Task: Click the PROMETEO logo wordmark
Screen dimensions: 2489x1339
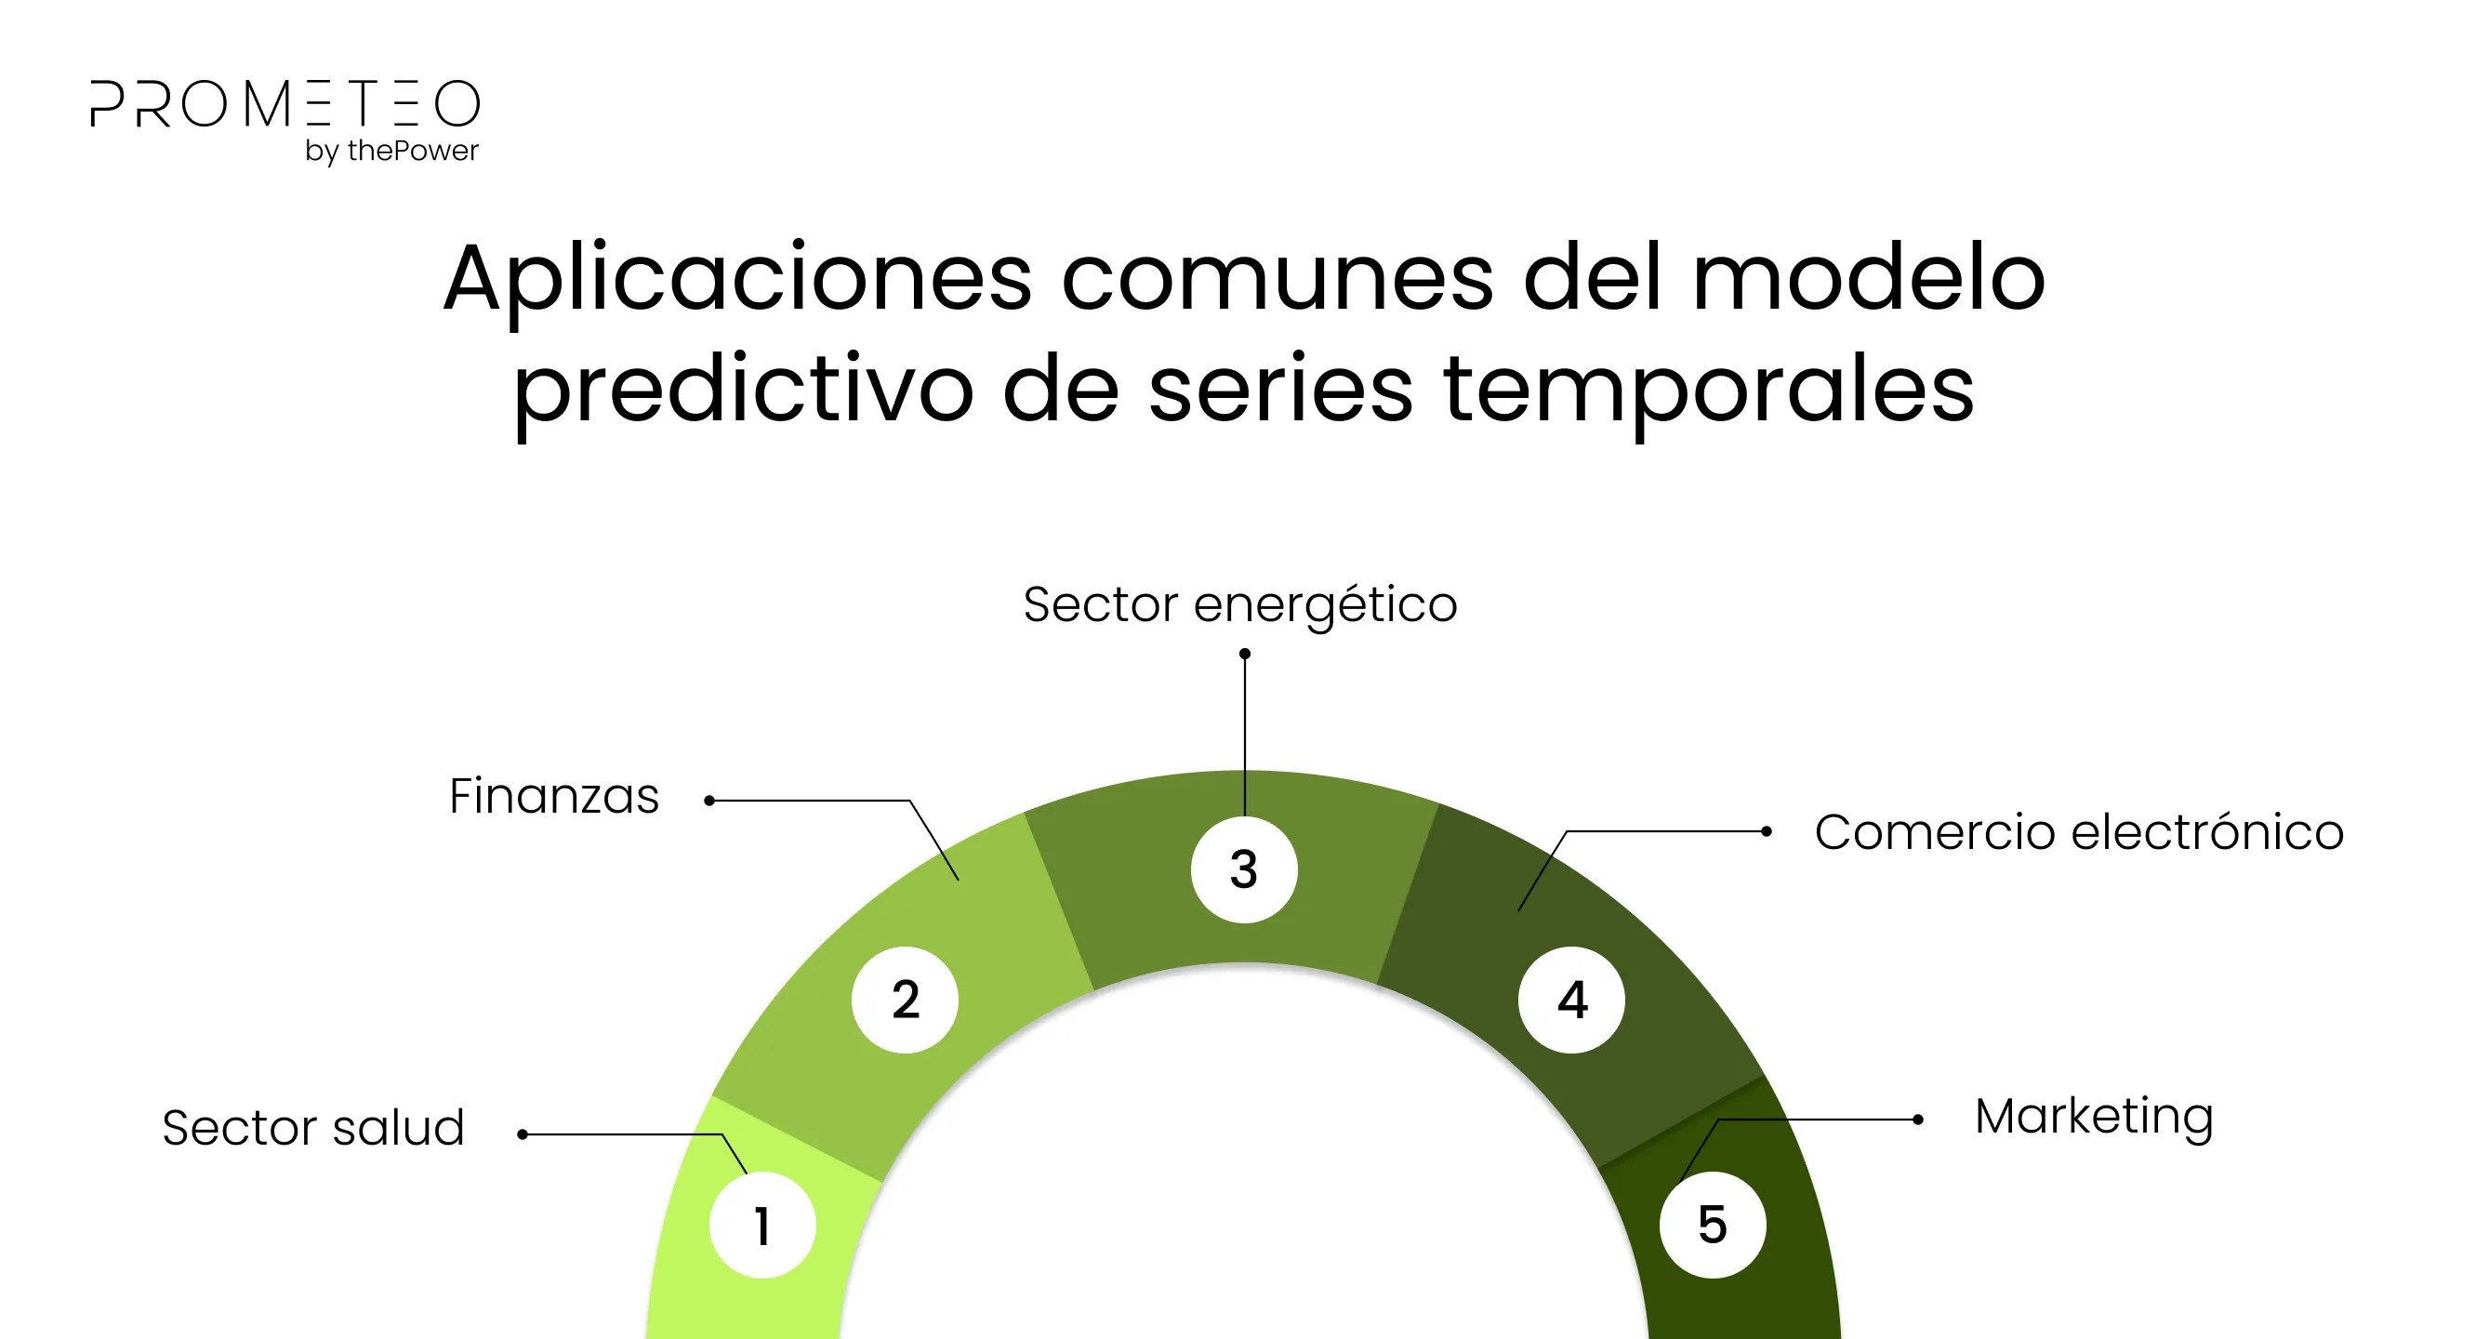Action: click(285, 103)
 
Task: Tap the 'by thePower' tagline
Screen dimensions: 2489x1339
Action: click(391, 152)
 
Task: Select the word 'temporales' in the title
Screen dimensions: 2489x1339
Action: click(1708, 390)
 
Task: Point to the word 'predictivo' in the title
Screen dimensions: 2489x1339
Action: click(743, 390)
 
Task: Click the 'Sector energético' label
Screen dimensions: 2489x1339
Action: click(1239, 606)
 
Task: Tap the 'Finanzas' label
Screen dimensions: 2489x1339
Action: click(553, 796)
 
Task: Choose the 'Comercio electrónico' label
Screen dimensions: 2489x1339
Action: click(2079, 832)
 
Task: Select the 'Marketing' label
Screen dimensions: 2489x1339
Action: click(2094, 1118)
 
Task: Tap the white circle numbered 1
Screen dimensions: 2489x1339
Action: click(762, 1225)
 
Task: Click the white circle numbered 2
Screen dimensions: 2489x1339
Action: click(906, 999)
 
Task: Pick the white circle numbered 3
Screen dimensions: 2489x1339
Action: click(1244, 869)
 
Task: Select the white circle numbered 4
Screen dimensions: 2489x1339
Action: click(1572, 1000)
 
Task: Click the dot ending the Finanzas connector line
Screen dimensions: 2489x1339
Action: click(709, 800)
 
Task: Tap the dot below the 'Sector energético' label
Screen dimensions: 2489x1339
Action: click(1244, 654)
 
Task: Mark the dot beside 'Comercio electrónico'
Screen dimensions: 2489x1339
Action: click(1767, 831)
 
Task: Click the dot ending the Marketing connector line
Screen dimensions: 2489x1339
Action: click(1918, 1120)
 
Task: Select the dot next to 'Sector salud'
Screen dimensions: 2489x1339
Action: click(523, 1134)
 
